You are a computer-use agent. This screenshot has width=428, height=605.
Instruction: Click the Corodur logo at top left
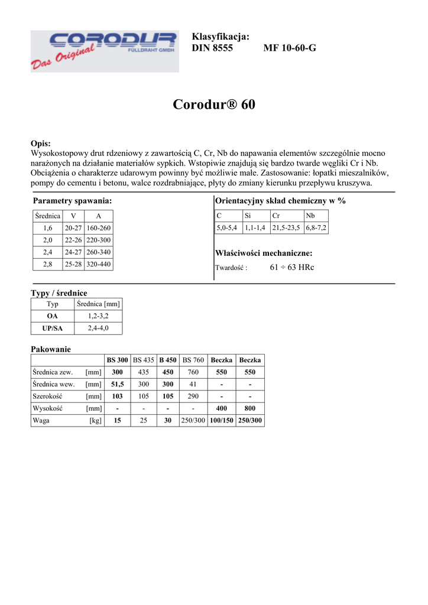pos(104,51)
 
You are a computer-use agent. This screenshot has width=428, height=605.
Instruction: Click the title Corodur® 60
pos(214,105)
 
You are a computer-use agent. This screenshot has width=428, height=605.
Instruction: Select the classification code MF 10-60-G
pos(289,48)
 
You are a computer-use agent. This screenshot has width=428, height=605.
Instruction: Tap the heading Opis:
pos(41,144)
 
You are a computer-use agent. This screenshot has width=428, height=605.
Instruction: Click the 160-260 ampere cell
pos(98,228)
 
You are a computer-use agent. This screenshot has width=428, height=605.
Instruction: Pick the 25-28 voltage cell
pos(73,265)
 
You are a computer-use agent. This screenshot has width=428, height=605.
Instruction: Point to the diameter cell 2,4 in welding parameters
pos(47,252)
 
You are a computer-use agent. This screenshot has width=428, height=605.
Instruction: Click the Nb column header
pos(310,216)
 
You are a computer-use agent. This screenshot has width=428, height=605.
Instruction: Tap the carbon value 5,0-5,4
pos(226,227)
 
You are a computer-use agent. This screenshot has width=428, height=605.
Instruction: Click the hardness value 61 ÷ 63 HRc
pos(291,267)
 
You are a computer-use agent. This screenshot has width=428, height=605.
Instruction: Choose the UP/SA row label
pos(53,328)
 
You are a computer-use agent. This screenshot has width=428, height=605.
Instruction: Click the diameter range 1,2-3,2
pos(98,316)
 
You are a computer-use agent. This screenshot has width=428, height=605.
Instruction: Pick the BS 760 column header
pos(193,360)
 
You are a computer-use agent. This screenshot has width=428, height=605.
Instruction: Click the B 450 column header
pos(167,360)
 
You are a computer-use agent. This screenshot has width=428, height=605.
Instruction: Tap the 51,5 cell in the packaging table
pos(117,384)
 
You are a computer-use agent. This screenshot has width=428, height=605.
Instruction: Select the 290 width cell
pos(193,396)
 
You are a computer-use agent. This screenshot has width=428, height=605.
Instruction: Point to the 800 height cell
pos(250,409)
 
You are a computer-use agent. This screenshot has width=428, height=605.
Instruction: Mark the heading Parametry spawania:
pos(73,201)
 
